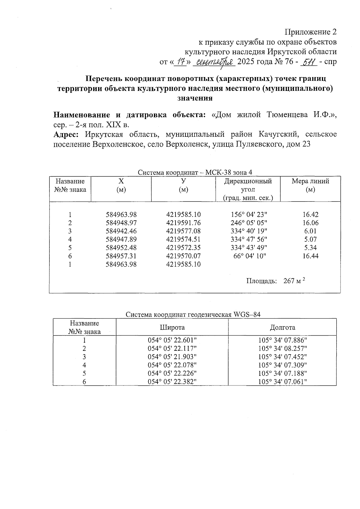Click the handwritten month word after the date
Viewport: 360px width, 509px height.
[x=214, y=62]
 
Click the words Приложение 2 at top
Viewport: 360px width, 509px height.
[x=310, y=32]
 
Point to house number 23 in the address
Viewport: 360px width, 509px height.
[x=306, y=144]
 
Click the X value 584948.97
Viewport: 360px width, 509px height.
[x=121, y=223]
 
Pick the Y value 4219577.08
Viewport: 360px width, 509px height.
[x=183, y=231]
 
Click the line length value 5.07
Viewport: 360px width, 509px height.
[x=310, y=239]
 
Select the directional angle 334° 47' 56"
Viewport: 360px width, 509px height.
[x=249, y=239]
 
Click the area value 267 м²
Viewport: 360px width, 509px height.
[x=294, y=281]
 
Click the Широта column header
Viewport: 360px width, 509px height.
[x=172, y=327]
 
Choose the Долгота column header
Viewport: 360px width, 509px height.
[x=282, y=327]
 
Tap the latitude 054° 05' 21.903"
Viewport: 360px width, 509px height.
[x=172, y=357]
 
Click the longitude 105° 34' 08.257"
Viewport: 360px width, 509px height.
[x=282, y=349]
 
